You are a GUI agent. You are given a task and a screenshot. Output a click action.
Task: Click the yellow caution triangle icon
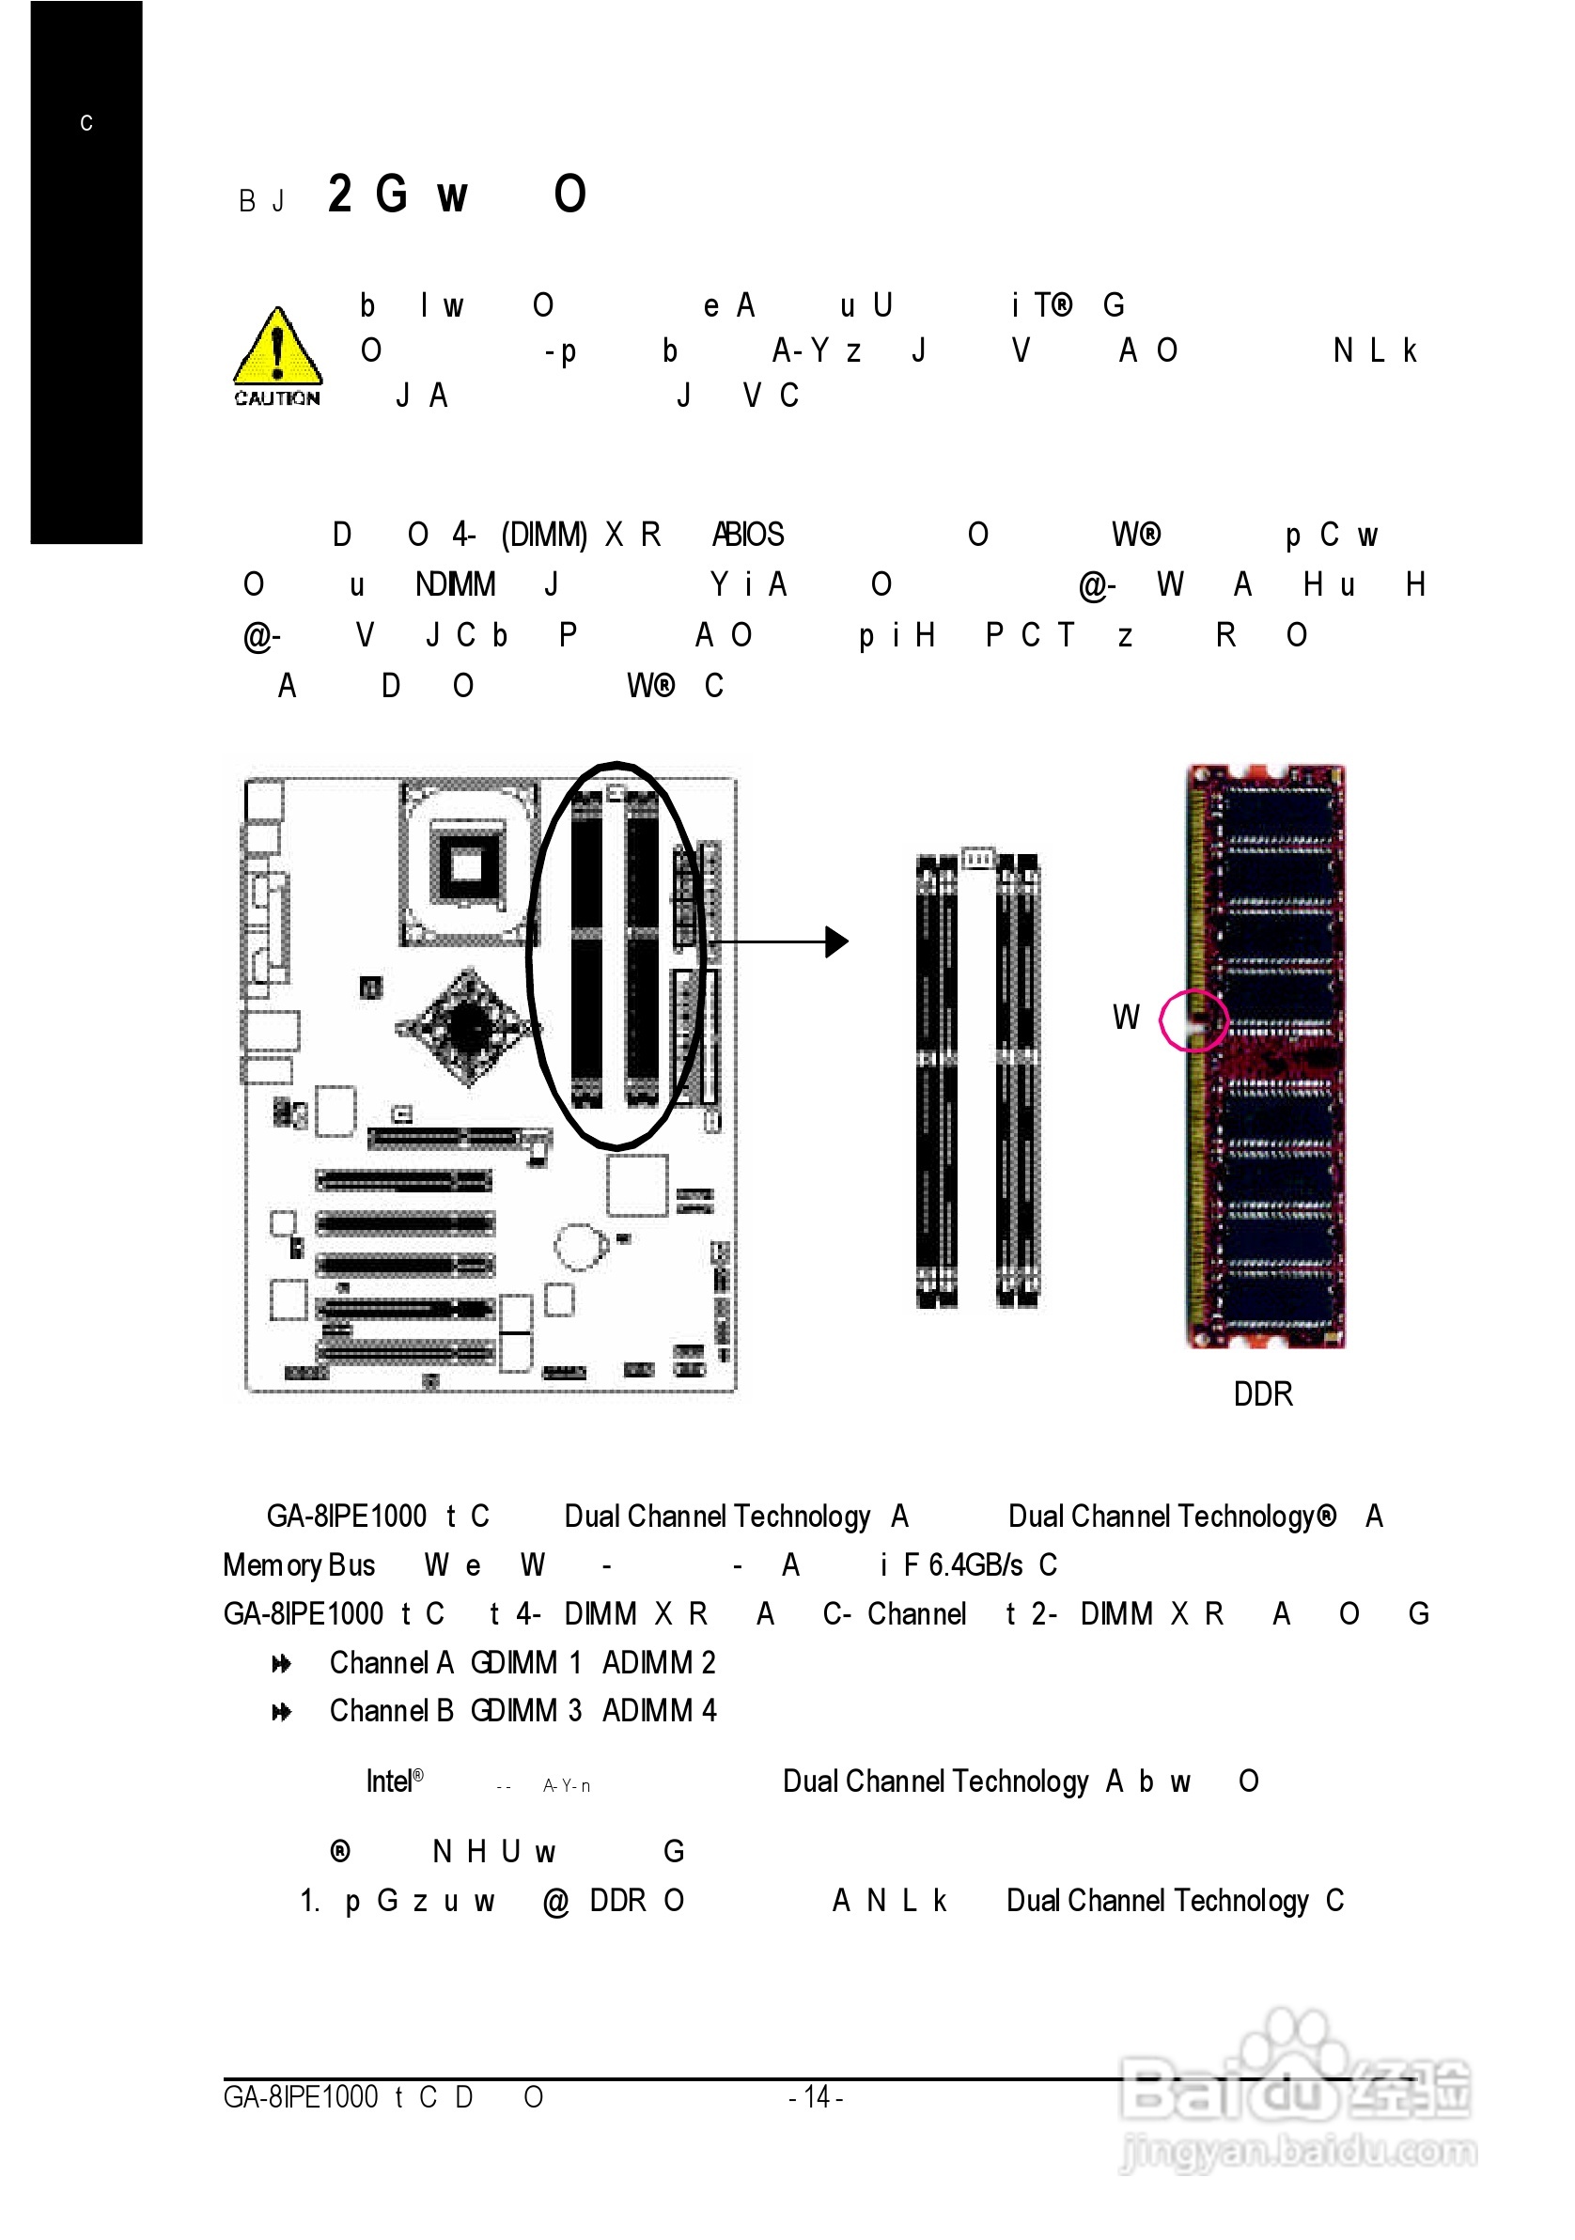[x=277, y=349]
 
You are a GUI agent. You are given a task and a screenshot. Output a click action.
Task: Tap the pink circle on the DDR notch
[x=1193, y=1020]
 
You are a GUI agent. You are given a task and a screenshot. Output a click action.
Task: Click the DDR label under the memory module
[x=1262, y=1394]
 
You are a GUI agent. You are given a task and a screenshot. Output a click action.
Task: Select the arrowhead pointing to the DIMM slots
[x=836, y=941]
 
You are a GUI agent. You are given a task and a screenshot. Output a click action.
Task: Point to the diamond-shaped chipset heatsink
[x=468, y=1026]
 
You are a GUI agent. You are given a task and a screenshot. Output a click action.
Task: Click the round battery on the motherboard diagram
[x=580, y=1246]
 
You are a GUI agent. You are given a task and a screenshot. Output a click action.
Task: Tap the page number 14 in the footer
[x=816, y=2096]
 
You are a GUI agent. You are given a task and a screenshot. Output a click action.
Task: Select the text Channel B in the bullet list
[x=391, y=1710]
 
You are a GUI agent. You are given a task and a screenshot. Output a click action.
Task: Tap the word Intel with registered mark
[x=393, y=1781]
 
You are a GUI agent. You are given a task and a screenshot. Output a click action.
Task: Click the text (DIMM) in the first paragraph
[x=543, y=535]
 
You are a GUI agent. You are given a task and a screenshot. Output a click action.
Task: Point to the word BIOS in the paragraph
[x=753, y=535]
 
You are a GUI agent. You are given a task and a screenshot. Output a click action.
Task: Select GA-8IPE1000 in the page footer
[x=301, y=2096]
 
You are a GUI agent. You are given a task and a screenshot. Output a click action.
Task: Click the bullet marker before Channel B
[x=281, y=1711]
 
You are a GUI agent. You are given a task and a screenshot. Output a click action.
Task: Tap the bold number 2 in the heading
[x=339, y=194]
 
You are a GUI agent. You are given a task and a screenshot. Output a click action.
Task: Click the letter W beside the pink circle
[x=1125, y=1018]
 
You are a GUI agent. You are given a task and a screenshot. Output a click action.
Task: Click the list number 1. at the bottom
[x=309, y=1901]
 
